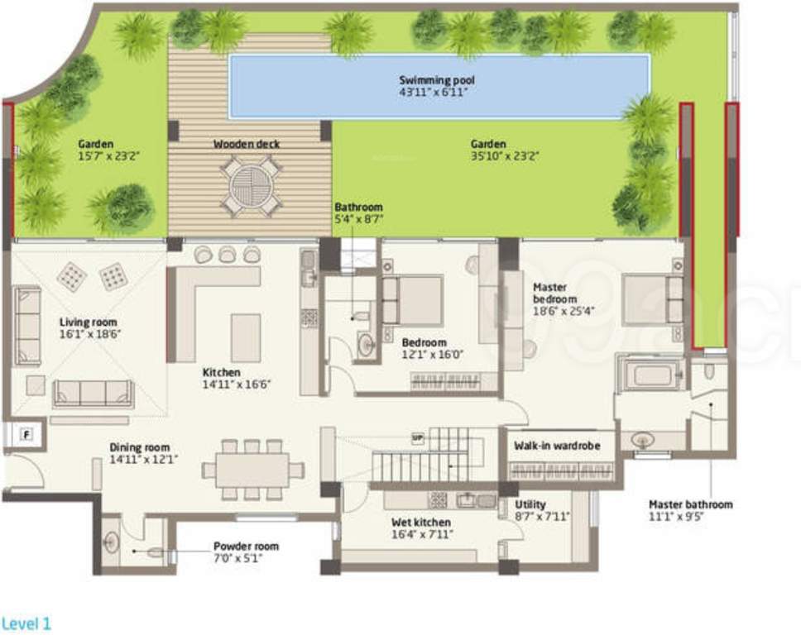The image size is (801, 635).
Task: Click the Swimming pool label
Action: [437, 80]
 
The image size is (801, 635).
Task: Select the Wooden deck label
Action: [246, 144]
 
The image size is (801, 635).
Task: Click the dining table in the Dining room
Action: [252, 470]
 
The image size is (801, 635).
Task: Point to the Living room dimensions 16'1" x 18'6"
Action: [89, 335]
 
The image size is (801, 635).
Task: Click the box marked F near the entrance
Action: [26, 432]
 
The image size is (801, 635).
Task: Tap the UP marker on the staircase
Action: [418, 437]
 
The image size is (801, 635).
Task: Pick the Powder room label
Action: [246, 547]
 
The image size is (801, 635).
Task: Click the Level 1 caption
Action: [26, 623]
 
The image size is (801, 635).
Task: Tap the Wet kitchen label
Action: [421, 523]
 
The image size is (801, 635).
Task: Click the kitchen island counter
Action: [246, 337]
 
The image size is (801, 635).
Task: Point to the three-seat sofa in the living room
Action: [93, 394]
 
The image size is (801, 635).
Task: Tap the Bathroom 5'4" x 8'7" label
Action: [358, 207]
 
